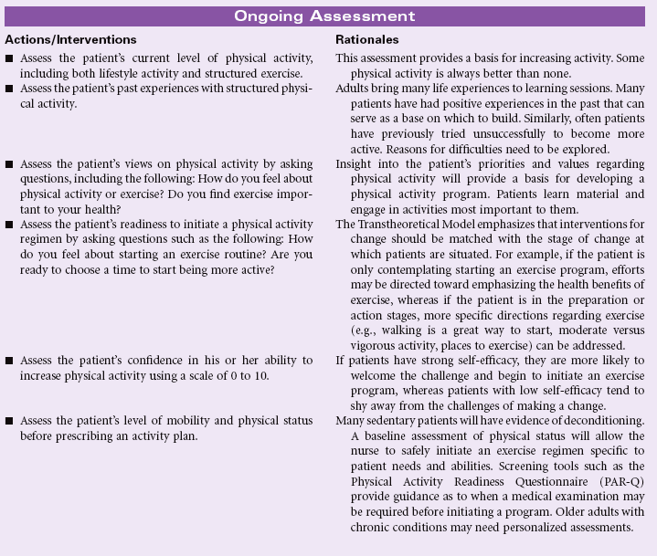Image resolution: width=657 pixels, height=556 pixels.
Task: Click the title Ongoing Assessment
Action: click(x=324, y=16)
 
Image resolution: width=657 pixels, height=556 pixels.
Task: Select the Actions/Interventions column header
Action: click(x=70, y=40)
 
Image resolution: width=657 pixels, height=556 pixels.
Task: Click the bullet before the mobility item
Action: click(x=9, y=420)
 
